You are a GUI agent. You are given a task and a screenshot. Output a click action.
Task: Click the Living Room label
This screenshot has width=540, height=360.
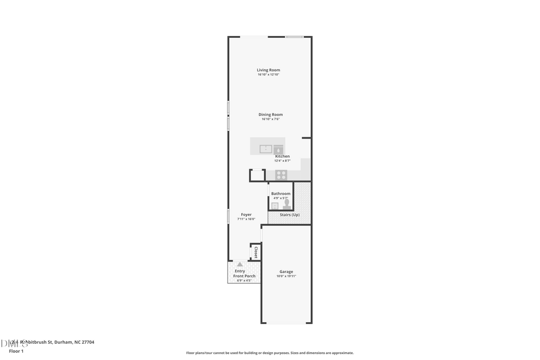pyautogui.click(x=268, y=70)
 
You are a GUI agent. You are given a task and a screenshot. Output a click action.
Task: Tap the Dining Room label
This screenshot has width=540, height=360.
pyautogui.click(x=271, y=115)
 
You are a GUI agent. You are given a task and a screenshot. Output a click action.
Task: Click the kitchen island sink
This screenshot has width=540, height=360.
pyautogui.click(x=266, y=149)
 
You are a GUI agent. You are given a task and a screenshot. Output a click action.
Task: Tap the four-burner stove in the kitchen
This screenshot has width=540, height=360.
pyautogui.click(x=281, y=175)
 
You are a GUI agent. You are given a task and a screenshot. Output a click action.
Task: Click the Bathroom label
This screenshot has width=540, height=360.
pyautogui.click(x=281, y=194)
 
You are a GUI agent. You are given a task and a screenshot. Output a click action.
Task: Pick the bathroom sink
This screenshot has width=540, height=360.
pyautogui.click(x=275, y=206)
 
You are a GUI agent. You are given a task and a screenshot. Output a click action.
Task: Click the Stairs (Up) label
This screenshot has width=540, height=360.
pyautogui.click(x=290, y=215)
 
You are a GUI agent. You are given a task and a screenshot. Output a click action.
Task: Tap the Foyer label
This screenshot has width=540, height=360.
pyautogui.click(x=246, y=214)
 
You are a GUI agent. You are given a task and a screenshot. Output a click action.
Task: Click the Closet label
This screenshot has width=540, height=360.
pyautogui.click(x=256, y=252)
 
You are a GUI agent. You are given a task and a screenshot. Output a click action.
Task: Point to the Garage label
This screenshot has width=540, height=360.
pyautogui.click(x=286, y=272)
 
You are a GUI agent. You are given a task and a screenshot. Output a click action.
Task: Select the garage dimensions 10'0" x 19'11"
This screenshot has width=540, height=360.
pyautogui.click(x=286, y=276)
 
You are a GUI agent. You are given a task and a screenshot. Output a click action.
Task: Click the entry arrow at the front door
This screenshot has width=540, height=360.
pyautogui.click(x=240, y=264)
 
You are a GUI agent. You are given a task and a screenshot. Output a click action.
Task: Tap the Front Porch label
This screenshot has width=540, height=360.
pyautogui.click(x=244, y=276)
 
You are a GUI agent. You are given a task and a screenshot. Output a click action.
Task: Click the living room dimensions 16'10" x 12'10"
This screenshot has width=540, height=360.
pyautogui.click(x=269, y=74)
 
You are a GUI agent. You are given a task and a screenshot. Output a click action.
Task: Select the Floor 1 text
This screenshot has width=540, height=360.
pyautogui.click(x=16, y=351)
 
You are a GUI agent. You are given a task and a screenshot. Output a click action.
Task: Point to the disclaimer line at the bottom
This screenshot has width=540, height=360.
pyautogui.click(x=269, y=353)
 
